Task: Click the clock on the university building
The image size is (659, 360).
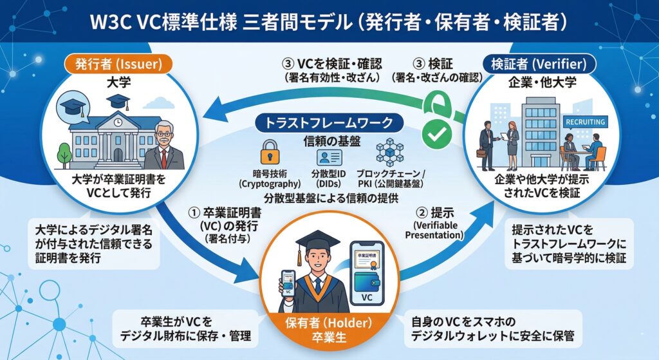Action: [118, 121]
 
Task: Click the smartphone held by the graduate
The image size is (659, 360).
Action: [288, 284]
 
